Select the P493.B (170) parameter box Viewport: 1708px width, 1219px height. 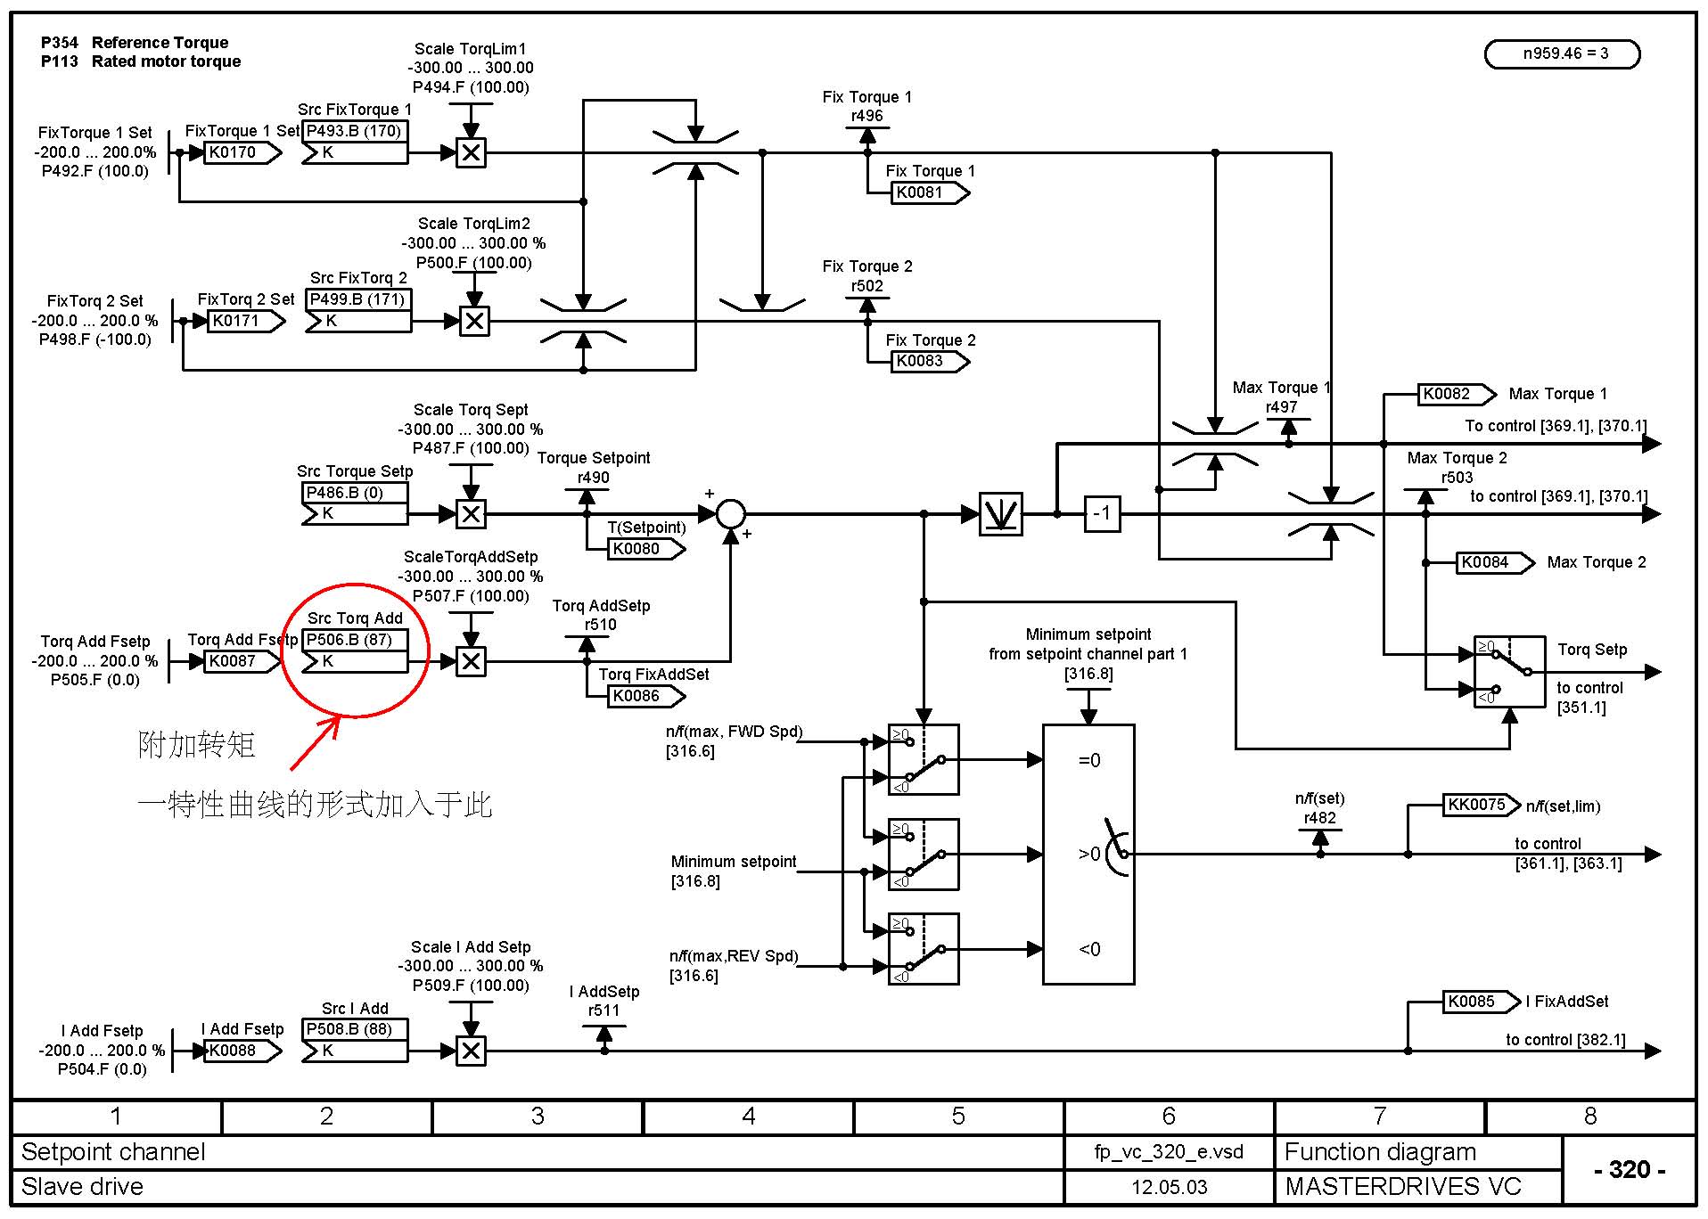pos(354,131)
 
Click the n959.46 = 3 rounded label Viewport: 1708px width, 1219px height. pos(1562,53)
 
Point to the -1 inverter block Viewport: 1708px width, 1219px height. pos(1102,513)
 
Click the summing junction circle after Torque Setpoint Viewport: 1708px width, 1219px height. pos(730,513)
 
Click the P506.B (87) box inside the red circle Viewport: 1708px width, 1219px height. pos(354,640)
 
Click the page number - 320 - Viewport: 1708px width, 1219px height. pos(1629,1169)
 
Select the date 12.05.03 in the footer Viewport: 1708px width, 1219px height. pos(1169,1187)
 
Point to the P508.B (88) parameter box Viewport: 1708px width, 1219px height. pos(354,1029)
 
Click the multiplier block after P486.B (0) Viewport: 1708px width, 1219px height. pos(471,513)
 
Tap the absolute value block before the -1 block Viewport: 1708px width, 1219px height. pos(1000,513)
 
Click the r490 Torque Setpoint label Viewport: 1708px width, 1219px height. pos(593,478)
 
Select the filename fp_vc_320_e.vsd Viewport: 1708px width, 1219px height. pos(1169,1151)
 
